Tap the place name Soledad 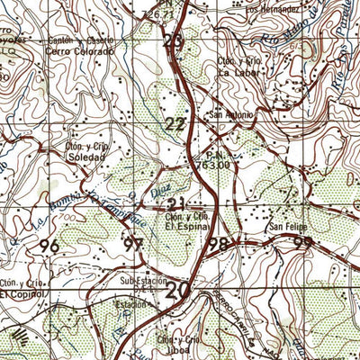coord(87,156)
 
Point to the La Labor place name coord(239,71)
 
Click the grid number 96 coord(50,245)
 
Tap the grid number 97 coord(135,245)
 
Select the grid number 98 coord(217,244)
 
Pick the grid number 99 coord(303,243)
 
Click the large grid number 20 coord(178,290)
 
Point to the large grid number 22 coord(176,125)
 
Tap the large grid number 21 coord(177,203)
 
